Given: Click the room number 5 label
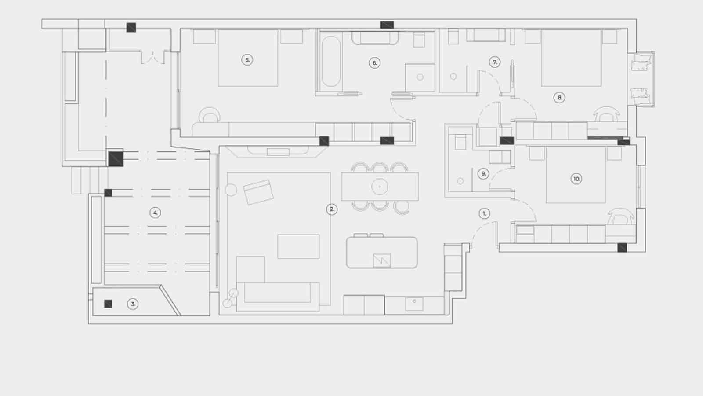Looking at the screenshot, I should coord(247,60).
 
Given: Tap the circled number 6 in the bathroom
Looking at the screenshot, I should coord(374,63).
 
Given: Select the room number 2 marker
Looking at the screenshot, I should coord(332,209).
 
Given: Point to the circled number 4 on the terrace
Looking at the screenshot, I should coord(155,213).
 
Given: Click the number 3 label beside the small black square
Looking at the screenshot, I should coord(132,304).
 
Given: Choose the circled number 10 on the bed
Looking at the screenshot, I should coord(576,179).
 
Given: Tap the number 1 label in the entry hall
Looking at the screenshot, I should coord(484,213).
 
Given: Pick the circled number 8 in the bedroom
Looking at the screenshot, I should coord(559,98).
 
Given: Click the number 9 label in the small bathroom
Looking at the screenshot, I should coord(483,174).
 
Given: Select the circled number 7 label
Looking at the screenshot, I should coord(495,62).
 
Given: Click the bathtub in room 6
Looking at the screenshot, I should coord(330,62).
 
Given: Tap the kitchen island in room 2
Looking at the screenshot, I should coord(381,252).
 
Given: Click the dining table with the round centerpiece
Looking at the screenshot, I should coord(380,187).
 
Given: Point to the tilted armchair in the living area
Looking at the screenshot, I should coord(258,192).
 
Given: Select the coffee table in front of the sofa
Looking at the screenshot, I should coord(298,246).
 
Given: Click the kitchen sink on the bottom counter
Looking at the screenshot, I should coord(414,303).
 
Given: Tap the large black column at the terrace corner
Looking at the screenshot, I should coord(116,158).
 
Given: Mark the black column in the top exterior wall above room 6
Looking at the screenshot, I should coord(387,25).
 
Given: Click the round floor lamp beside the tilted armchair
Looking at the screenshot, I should coord(231,190).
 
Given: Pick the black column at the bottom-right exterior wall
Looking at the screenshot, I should coord(622,248).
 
